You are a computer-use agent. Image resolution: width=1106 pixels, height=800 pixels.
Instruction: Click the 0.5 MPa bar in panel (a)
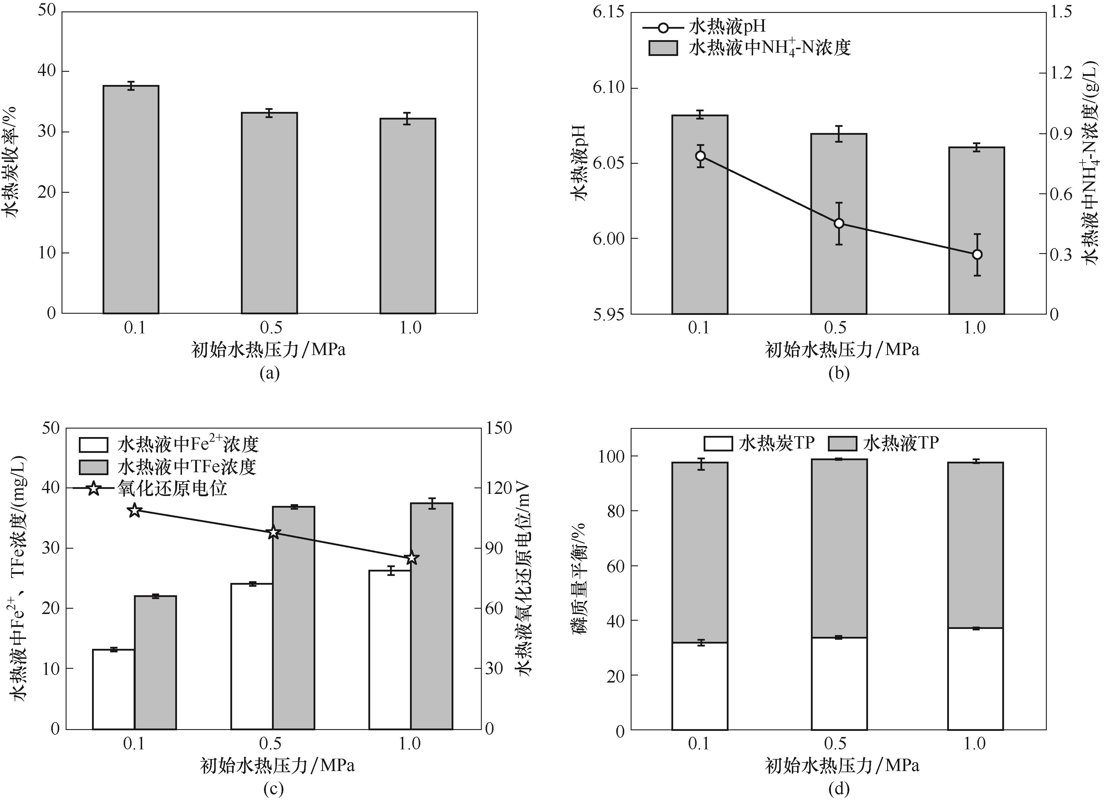[269, 213]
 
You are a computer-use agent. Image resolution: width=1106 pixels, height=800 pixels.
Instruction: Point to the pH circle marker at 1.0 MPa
[977, 255]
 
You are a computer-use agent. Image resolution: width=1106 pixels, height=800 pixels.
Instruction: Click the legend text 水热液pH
[726, 26]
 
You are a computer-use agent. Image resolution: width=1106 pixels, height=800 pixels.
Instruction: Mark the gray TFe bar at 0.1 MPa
[156, 662]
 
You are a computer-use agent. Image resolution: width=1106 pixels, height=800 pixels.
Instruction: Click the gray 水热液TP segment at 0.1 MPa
[700, 552]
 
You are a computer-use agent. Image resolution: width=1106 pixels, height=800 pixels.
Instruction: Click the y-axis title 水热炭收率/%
[11, 162]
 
